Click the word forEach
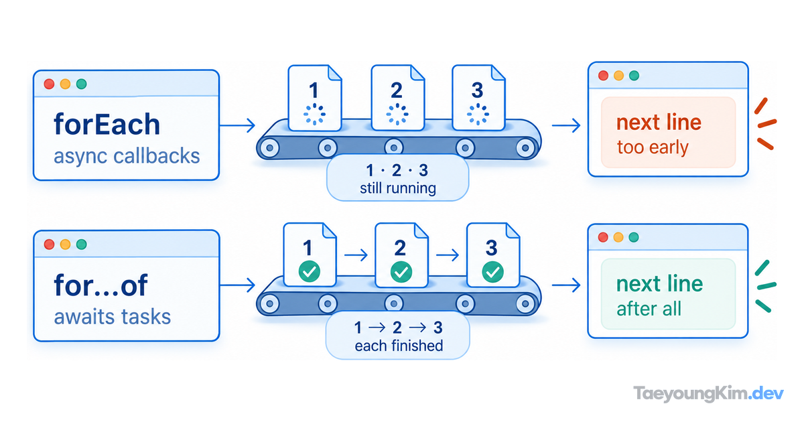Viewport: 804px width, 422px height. pos(107,124)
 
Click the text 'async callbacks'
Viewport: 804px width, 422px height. pos(127,156)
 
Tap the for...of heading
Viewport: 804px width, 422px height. pos(101,285)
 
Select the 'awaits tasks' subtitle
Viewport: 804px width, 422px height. pos(113,316)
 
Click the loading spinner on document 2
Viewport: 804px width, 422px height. pos(397,114)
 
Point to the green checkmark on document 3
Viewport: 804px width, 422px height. pos(492,272)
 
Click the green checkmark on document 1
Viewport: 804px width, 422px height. pos(310,272)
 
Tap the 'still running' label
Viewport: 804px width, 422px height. pos(398,188)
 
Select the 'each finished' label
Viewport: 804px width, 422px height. pos(399,346)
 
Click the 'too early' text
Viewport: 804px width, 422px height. pos(653,147)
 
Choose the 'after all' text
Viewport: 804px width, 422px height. pos(649,309)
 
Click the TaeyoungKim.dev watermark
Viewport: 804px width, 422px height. pos(708,393)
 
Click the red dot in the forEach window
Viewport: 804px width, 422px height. pos(49,84)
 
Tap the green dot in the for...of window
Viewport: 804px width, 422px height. pos(82,244)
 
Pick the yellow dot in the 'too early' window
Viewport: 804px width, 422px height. pos(618,76)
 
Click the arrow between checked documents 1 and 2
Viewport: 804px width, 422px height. pos(356,255)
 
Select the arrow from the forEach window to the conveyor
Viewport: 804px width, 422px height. pos(237,125)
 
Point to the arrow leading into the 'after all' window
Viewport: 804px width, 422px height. pos(566,285)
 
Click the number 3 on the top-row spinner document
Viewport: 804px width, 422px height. pos(477,90)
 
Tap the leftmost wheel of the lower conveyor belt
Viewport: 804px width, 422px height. pos(269,304)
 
